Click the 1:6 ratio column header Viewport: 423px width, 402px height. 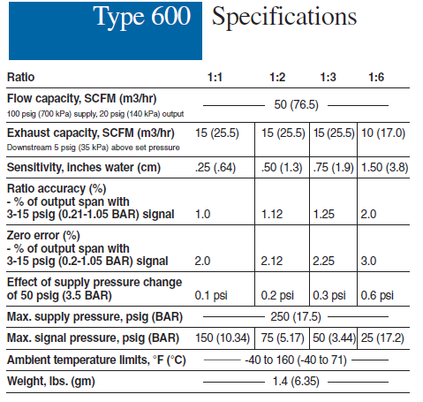coord(376,77)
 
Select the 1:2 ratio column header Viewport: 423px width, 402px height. coord(277,77)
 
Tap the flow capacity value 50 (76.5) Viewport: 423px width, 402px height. coord(296,105)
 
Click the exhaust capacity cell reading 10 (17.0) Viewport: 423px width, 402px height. coord(383,133)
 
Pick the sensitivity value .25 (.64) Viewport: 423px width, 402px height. coord(215,168)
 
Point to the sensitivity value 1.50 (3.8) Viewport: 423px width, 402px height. coord(384,168)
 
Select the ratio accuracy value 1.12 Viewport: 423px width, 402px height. coord(272,214)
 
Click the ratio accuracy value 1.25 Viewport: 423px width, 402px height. coord(324,214)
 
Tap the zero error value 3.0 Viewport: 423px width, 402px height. coord(368,261)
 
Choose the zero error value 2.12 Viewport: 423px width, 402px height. coord(272,261)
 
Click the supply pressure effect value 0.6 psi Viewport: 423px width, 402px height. coord(377,295)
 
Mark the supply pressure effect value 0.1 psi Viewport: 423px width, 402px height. coord(211,295)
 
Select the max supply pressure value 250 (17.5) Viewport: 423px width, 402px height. coord(296,317)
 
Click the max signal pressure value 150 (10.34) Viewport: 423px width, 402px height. coord(223,338)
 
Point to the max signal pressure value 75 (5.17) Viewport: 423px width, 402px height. coord(283,338)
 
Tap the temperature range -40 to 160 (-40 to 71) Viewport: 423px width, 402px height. coord(296,360)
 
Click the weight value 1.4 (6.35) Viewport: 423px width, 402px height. coord(296,382)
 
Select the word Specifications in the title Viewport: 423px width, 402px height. coord(284,17)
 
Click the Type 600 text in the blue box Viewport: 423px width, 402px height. coord(142,17)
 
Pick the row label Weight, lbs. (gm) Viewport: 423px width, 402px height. coord(51,382)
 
